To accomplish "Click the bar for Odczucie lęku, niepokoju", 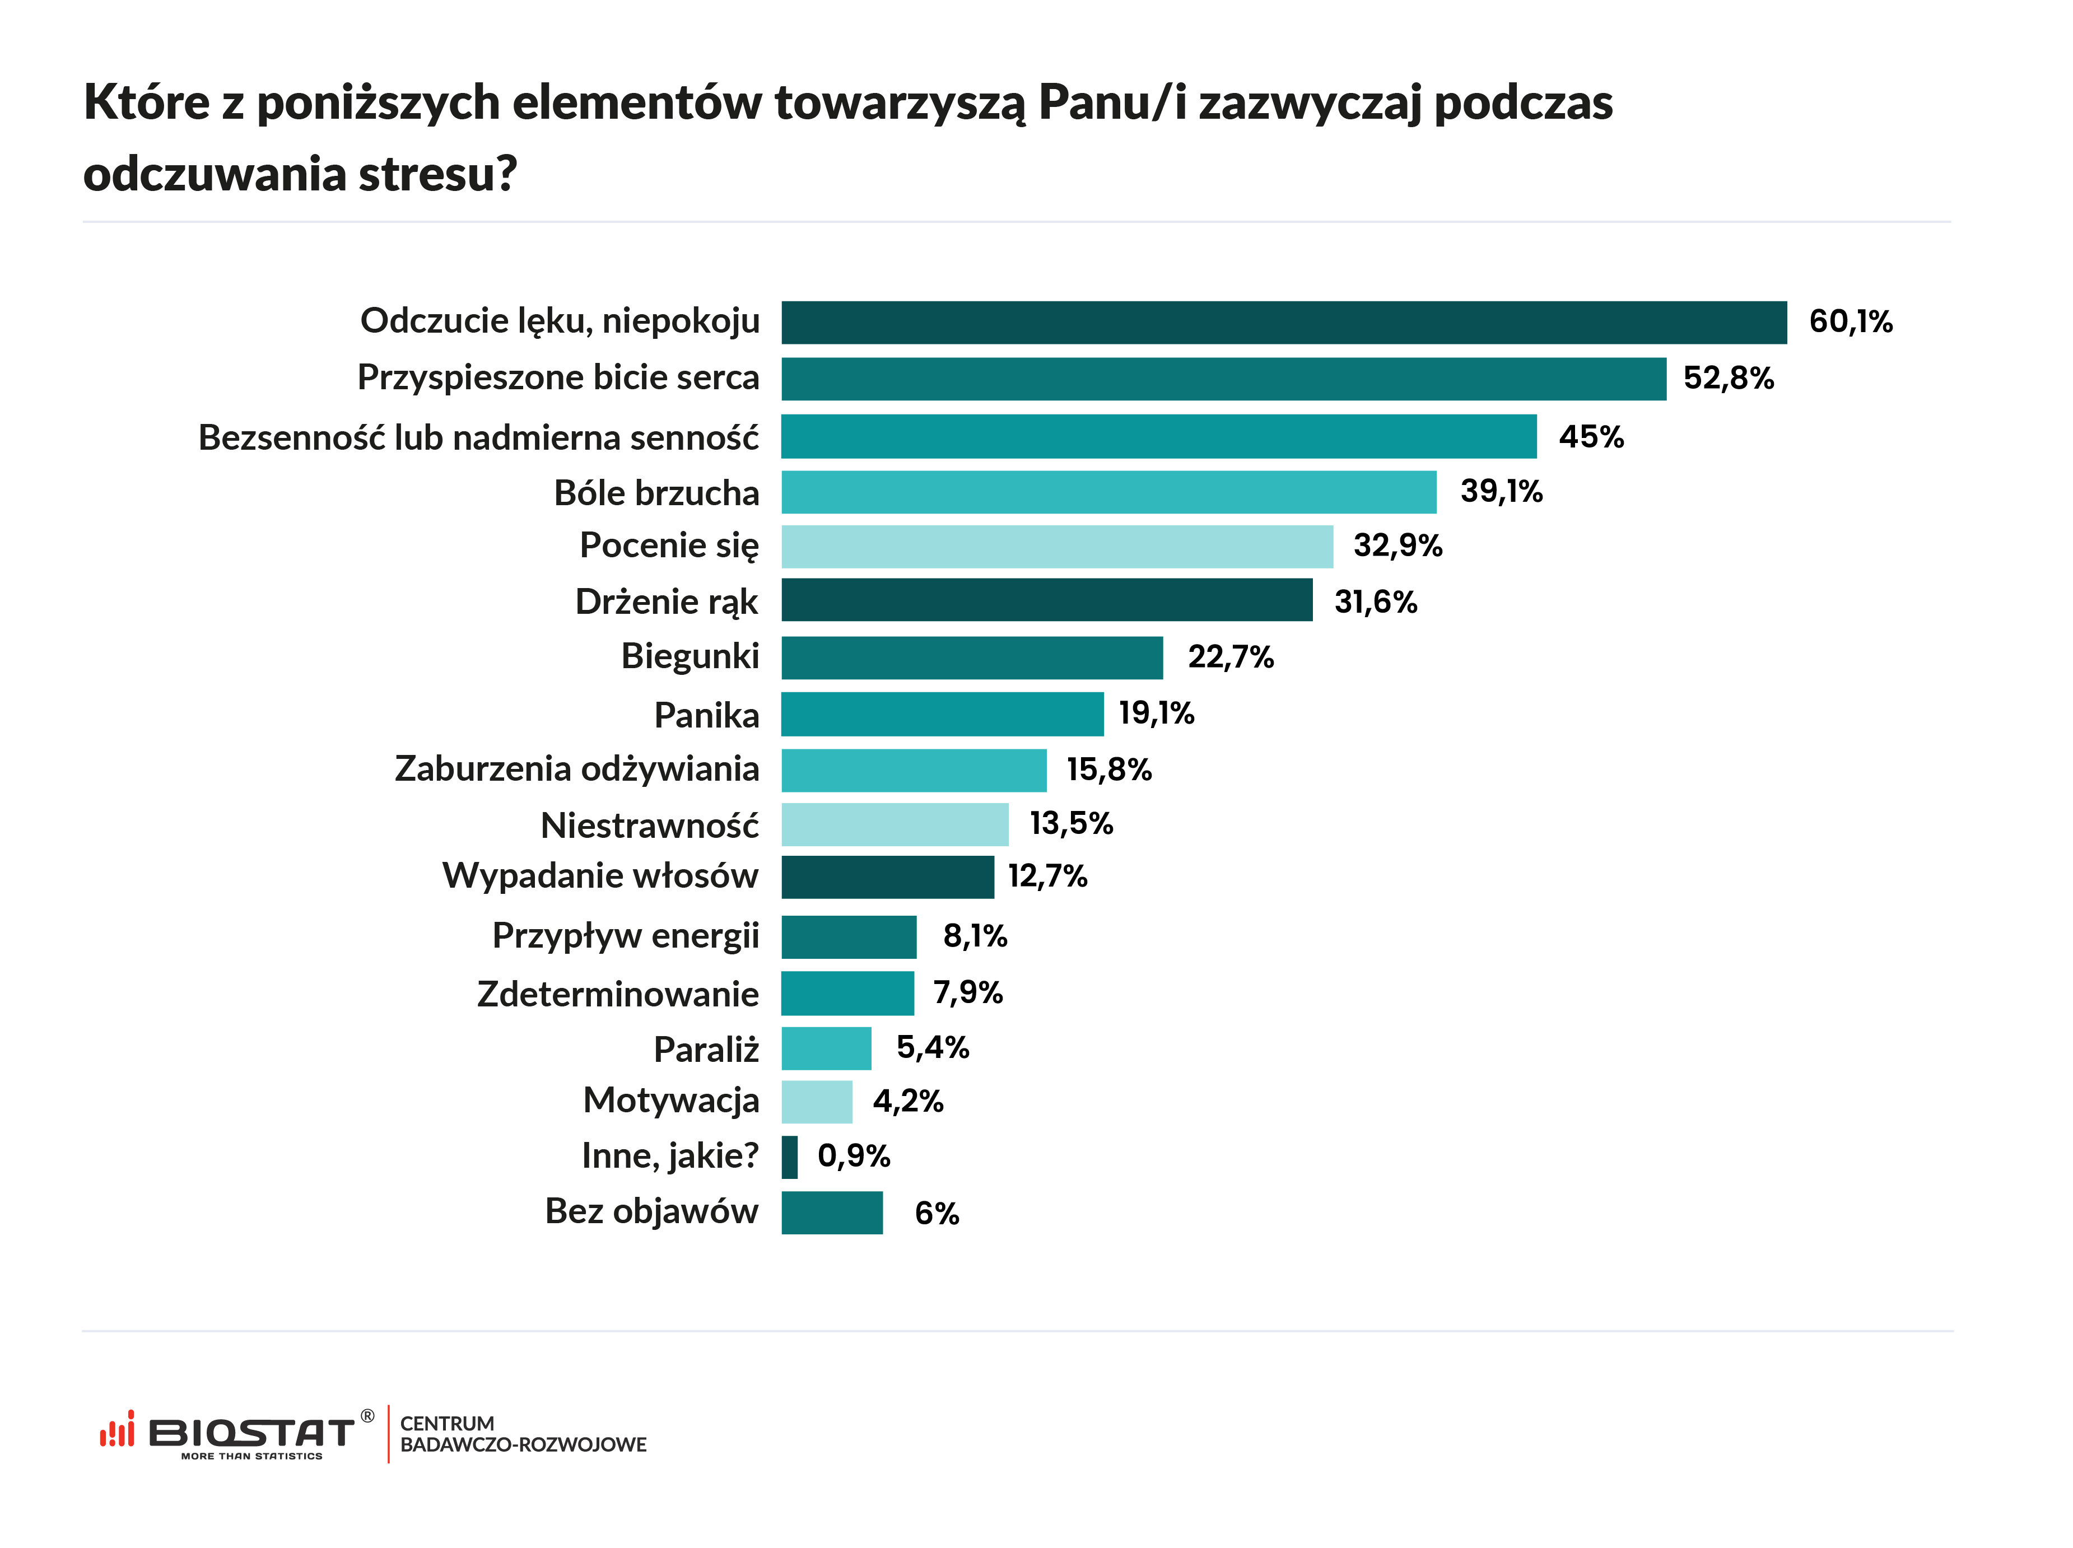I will (1283, 323).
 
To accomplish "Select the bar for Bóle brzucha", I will (1108, 492).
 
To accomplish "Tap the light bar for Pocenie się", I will (1056, 546).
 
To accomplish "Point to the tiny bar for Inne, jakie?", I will (789, 1157).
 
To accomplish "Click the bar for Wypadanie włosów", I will (887, 877).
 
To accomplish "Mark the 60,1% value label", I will (1850, 321).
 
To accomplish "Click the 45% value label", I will (1590, 437).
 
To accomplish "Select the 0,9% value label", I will (853, 1155).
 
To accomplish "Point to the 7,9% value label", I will (967, 992).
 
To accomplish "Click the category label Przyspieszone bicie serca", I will (558, 377).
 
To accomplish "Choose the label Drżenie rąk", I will (667, 602).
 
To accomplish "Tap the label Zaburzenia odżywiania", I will (576, 768).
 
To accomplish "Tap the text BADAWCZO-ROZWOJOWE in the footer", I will (523, 1445).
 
